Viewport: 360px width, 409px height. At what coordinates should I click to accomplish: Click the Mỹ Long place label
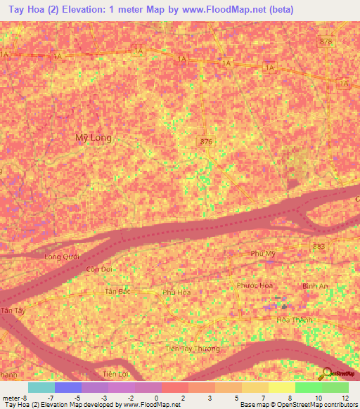93,138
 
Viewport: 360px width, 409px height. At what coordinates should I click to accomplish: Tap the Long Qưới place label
62,257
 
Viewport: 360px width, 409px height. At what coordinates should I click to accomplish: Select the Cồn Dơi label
98,269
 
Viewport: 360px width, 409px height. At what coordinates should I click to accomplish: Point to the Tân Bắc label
117,291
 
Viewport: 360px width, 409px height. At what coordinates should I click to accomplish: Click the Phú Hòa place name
176,292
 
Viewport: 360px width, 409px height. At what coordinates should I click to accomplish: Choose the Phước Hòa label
254,285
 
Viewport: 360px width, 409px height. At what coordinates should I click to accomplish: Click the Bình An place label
314,286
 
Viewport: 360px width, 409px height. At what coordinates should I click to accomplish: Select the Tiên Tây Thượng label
192,349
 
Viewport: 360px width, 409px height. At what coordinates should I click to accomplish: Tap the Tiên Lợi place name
117,373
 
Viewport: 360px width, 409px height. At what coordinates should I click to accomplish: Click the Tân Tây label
8,310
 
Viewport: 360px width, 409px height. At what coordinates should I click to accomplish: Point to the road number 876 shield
205,142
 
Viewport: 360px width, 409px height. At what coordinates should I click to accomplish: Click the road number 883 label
319,245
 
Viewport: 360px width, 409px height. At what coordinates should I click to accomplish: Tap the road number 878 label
325,42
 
